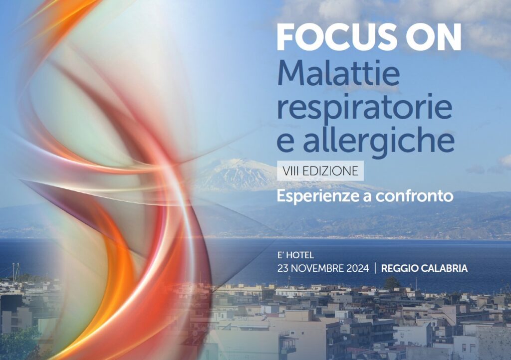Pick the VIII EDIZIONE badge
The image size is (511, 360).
pyautogui.click(x=320, y=171)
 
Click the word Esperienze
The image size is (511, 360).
pyautogui.click(x=317, y=196)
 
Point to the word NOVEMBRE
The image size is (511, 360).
pyautogui.click(x=319, y=268)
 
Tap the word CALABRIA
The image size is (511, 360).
pyautogui.click(x=445, y=268)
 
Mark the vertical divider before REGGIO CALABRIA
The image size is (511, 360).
pyautogui.click(x=375, y=268)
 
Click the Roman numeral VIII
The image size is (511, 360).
pyautogui.click(x=291, y=171)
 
